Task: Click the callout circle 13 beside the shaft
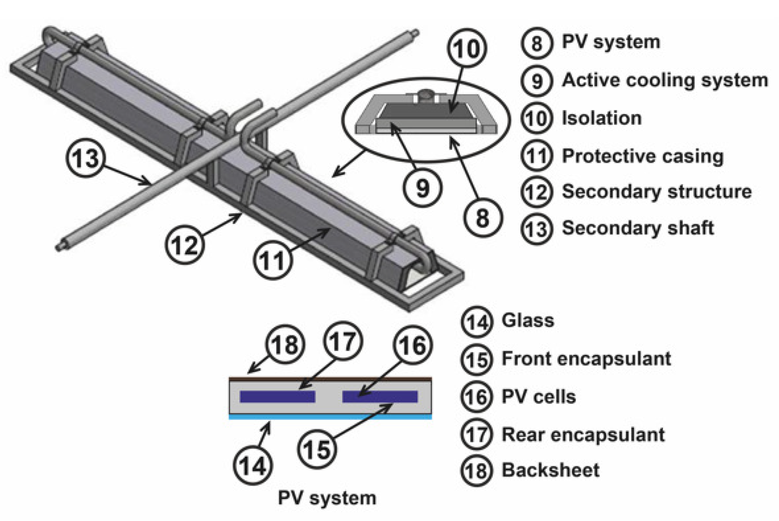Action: coord(85,159)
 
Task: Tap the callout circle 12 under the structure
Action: coord(185,244)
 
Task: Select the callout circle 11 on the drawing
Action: coord(272,260)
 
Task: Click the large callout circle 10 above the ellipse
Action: coord(467,48)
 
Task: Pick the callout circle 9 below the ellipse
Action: coord(422,187)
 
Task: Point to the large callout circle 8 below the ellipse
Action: coord(483,218)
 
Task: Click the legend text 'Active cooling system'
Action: coord(664,80)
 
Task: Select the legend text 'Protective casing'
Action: coord(643,156)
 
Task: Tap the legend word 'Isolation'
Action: coord(601,118)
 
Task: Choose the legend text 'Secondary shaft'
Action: coord(638,228)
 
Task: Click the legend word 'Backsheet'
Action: coord(550,470)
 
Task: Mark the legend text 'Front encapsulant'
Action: coord(586,358)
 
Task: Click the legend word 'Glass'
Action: coord(528,320)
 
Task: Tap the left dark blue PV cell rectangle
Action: coord(278,397)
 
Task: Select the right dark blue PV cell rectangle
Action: coord(380,397)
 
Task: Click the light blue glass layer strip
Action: coord(330,417)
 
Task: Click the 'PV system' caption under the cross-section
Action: coord(327,498)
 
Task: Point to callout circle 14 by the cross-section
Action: coord(253,466)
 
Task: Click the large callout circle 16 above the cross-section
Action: coord(412,345)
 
